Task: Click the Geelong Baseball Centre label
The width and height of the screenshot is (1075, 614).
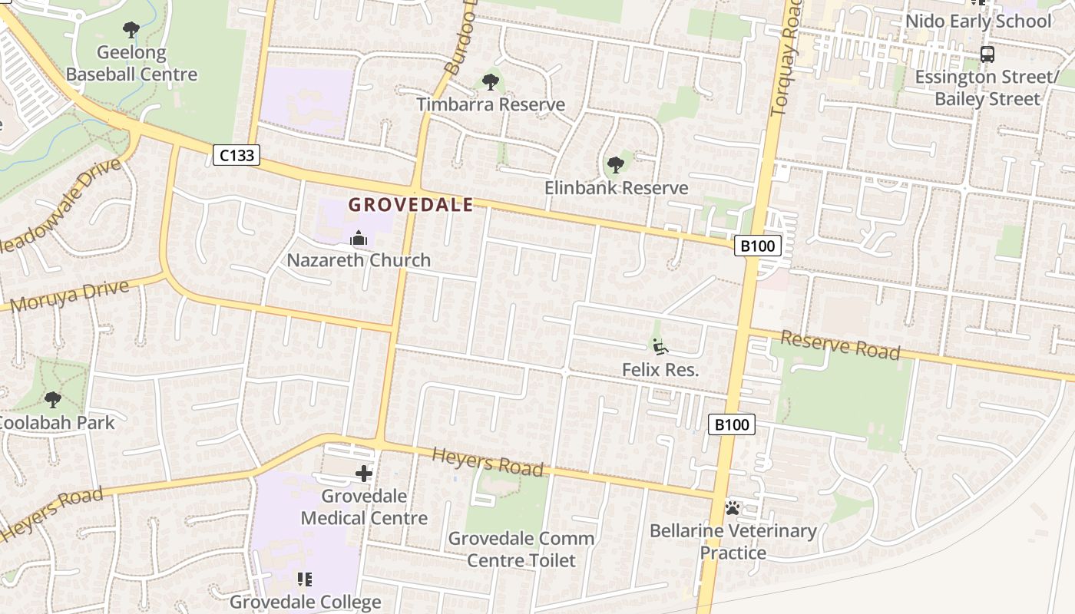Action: coord(131,64)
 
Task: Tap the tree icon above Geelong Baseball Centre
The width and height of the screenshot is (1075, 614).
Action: coord(131,30)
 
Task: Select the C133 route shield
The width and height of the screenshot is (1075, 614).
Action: coord(236,155)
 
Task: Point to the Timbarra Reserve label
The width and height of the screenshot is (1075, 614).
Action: coord(491,104)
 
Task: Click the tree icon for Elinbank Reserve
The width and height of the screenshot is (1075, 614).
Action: coord(615,164)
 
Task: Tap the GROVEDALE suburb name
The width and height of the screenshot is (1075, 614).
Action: coord(411,205)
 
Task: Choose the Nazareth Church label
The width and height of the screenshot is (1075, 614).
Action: coord(359,260)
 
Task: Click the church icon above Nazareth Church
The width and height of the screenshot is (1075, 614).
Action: coord(358,239)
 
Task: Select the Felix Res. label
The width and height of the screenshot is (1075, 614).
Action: coord(660,370)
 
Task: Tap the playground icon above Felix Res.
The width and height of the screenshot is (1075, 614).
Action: coord(660,347)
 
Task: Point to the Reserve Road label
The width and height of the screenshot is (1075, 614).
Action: coord(840,345)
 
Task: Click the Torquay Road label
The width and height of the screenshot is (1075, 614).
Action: coord(786,58)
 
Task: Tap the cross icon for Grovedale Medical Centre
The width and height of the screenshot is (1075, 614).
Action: coord(364,474)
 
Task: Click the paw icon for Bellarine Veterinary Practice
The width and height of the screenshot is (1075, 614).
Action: coord(733,508)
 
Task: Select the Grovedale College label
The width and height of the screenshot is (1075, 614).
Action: coord(305,602)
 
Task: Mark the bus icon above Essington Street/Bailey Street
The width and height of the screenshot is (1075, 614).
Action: coord(987,54)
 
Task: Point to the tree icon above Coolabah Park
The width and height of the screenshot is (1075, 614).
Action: coord(53,400)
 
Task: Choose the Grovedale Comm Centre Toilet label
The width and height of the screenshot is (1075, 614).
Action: coord(521,550)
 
